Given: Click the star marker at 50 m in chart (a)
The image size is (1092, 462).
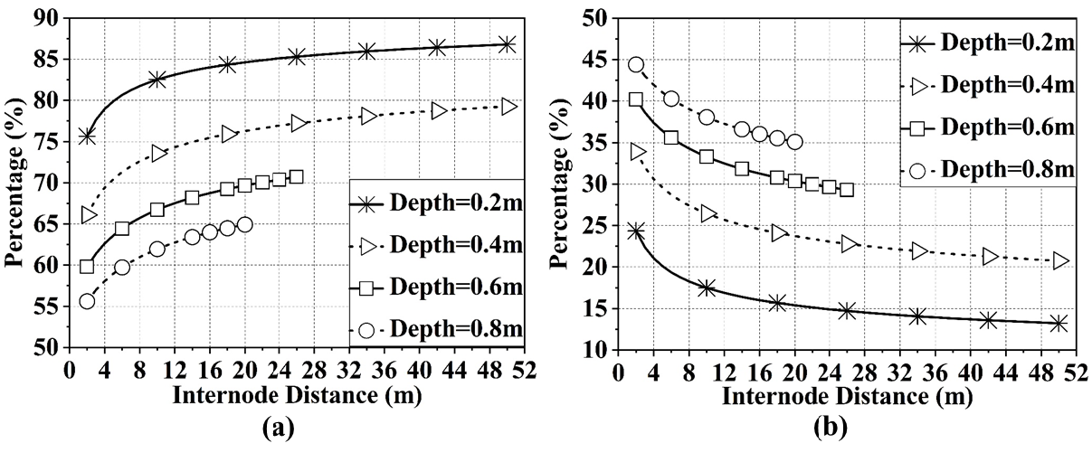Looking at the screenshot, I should point(507,44).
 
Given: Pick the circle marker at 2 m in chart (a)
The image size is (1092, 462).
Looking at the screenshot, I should point(87,301).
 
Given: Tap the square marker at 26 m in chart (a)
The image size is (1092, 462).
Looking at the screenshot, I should point(296,177).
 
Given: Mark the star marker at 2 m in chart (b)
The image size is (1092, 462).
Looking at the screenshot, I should point(636,231).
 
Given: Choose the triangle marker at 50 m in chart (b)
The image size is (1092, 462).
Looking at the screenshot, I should point(1060,260).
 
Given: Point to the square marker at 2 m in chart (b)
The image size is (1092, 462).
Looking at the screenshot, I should point(636,99).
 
